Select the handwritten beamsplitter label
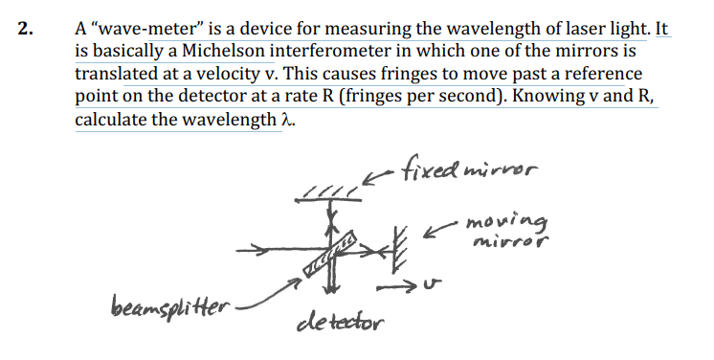(167, 309)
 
